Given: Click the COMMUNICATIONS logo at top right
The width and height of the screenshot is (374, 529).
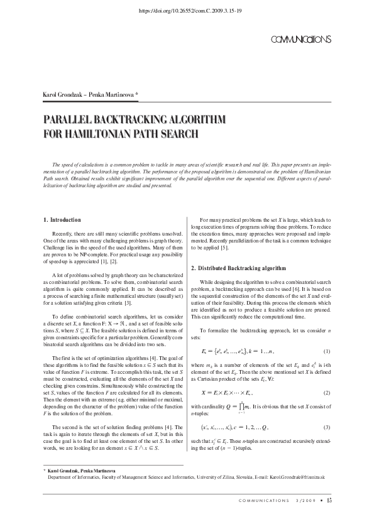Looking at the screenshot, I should [300, 40].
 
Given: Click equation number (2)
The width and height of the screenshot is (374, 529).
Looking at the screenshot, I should [326, 393].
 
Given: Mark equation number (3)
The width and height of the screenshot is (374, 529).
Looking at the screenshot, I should [326, 427].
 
